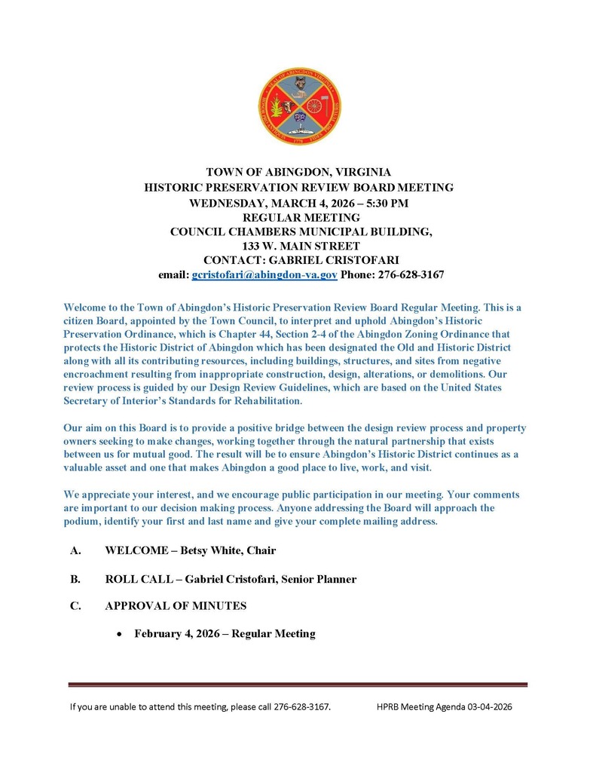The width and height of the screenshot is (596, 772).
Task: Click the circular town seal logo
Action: [x=299, y=106]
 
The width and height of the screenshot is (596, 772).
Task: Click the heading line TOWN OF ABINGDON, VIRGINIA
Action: [x=299, y=173]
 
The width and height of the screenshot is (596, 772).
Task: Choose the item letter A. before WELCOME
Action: [x=75, y=550]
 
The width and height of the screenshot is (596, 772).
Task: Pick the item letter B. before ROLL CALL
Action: [x=75, y=579]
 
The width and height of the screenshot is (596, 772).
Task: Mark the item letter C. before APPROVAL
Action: [x=75, y=605]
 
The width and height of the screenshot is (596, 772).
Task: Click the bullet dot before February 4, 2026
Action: [x=118, y=635]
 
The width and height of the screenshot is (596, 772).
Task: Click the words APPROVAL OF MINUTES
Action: [x=176, y=605]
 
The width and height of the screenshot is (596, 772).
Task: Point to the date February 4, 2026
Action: [x=179, y=633]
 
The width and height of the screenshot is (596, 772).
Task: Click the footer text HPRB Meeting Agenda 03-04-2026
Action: [x=444, y=706]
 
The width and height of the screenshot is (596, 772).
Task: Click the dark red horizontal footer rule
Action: [x=298, y=685]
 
